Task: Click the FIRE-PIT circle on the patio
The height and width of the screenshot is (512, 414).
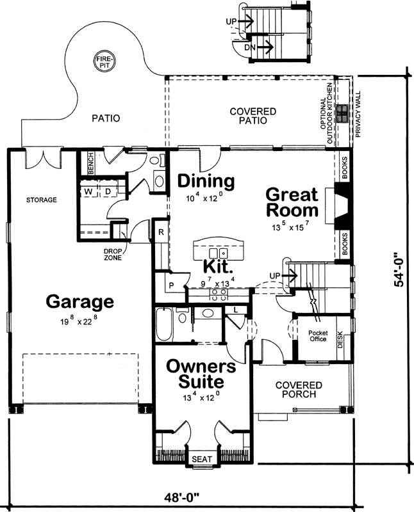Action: coord(104,61)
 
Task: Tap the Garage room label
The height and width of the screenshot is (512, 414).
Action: coord(79,301)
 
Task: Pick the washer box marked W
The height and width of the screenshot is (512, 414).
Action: coord(88,192)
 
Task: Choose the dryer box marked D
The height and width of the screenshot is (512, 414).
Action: coord(108,192)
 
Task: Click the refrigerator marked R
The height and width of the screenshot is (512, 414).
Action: coord(161,232)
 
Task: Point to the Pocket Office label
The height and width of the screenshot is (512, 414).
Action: coord(317,335)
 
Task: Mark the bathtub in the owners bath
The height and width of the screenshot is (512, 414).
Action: coord(165,326)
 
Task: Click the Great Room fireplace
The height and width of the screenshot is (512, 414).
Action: coord(342,207)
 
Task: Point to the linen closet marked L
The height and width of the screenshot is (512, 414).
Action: coord(236,310)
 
